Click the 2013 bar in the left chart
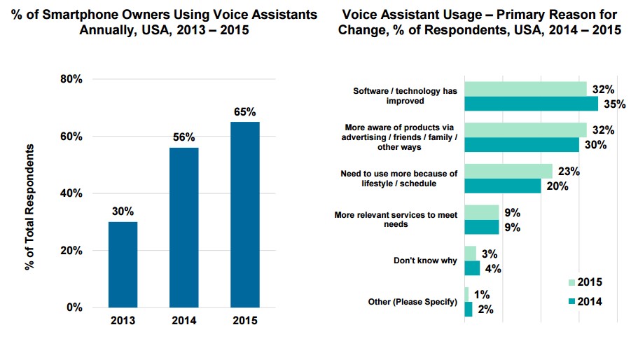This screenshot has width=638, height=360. click(x=123, y=264)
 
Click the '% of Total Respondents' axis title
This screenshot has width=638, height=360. click(x=30, y=207)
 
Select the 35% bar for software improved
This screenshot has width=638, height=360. click(x=531, y=104)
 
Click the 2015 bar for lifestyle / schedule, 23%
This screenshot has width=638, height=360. click(x=508, y=171)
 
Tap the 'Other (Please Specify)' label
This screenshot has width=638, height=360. click(x=412, y=302)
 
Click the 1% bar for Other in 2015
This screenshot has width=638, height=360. click(x=466, y=294)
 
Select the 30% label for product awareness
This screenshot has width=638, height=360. click(x=595, y=145)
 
